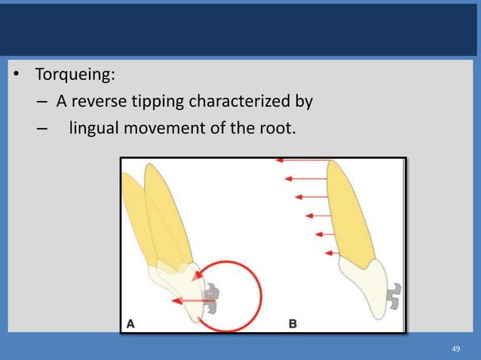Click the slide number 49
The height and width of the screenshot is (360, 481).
pyautogui.click(x=455, y=349)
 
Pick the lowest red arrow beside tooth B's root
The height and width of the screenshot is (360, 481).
pyautogui.click(x=329, y=252)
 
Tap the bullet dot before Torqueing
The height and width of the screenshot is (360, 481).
pyautogui.click(x=15, y=77)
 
